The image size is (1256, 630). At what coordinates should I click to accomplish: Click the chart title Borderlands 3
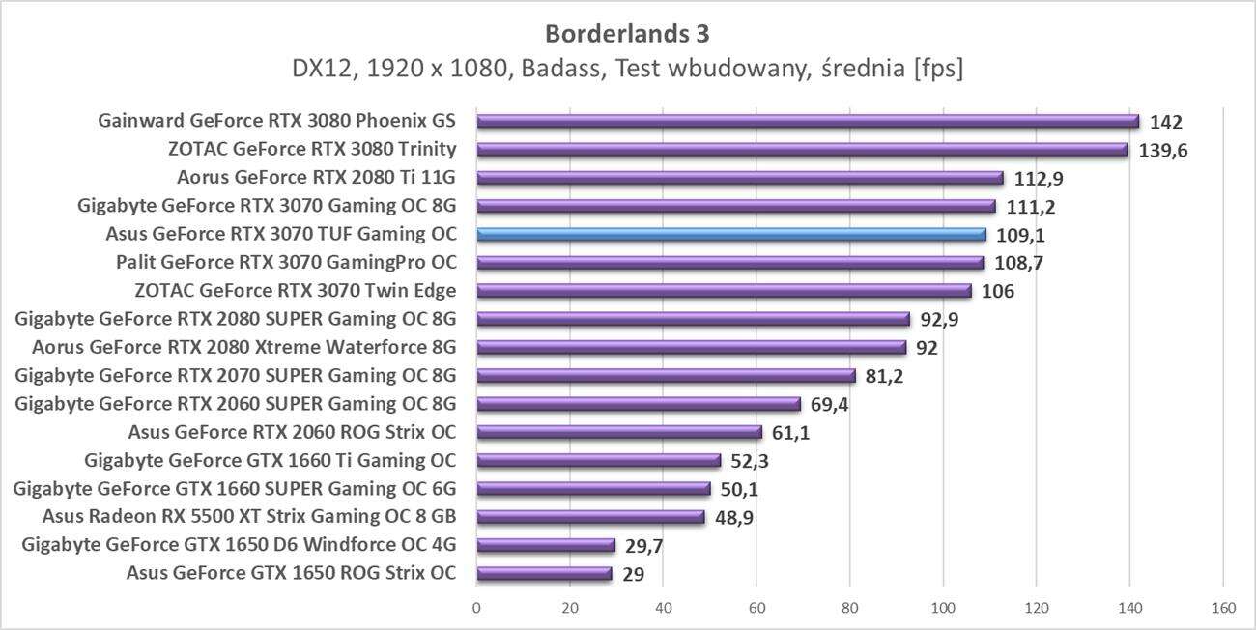(627, 33)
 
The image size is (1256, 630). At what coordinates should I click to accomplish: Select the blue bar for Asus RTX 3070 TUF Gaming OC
(731, 234)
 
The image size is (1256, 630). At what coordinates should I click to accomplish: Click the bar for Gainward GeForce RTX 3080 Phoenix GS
(808, 122)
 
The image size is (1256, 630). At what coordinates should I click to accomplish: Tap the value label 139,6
(1164, 151)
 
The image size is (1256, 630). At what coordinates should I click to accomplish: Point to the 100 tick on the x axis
(943, 609)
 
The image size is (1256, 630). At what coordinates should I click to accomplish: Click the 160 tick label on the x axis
(1222, 609)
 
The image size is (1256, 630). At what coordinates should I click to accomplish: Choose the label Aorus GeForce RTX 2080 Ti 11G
(317, 178)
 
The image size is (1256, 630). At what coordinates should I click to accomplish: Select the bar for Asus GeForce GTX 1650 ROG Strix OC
(544, 574)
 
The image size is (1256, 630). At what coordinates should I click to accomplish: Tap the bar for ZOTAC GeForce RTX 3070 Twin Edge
(724, 291)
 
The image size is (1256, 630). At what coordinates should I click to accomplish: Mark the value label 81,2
(884, 376)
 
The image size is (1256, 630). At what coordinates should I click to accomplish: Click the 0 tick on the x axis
(476, 609)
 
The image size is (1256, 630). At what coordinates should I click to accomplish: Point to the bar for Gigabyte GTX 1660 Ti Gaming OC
(598, 461)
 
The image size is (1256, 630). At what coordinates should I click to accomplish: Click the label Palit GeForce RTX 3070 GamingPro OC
(286, 263)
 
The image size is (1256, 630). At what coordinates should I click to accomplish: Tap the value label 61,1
(790, 433)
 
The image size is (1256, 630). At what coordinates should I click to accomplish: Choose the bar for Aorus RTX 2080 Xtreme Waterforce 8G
(691, 348)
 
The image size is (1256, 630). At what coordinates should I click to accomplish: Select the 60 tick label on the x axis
(756, 609)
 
